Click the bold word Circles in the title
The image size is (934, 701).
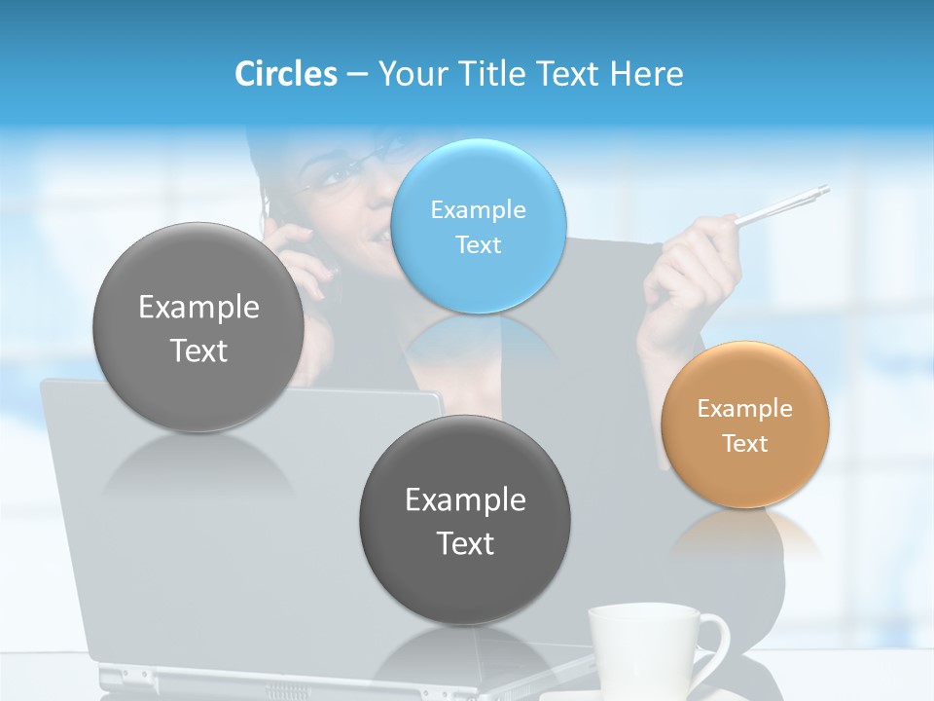[285, 74]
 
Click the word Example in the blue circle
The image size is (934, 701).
[478, 209]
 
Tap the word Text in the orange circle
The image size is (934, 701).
[745, 444]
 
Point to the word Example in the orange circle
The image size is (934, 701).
[745, 409]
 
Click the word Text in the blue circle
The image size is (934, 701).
[478, 244]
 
